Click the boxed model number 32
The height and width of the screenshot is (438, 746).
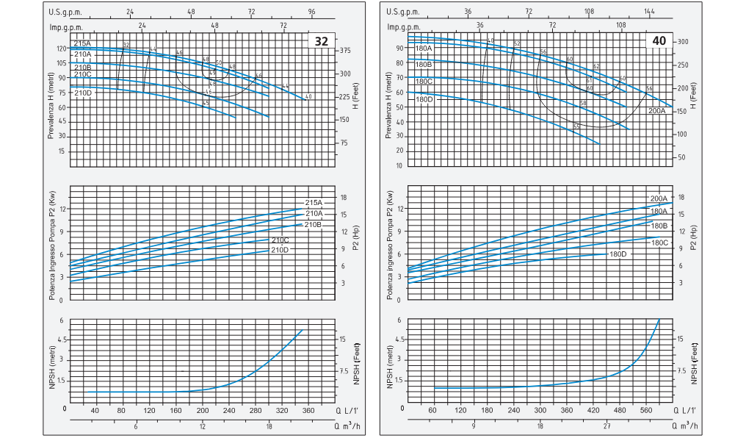pos(322,41)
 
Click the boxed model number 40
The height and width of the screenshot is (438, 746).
pos(659,41)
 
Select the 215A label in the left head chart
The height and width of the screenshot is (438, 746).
pos(82,44)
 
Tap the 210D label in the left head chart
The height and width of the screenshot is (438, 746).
pos(83,93)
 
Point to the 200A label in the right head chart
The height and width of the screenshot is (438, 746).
pos(656,111)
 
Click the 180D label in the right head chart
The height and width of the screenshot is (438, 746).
pos(424,99)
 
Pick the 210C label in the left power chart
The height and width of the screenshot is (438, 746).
pos(280,240)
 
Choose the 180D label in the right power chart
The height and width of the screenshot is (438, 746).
pos(618,254)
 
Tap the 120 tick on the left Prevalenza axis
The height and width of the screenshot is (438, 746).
pos(61,49)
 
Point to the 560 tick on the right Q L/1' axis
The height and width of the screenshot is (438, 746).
pos(647,410)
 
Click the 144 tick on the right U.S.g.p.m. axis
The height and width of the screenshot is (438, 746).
pos(649,12)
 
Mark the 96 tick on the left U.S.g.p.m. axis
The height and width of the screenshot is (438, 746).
pos(311,12)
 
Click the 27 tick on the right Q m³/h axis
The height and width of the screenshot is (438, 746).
pos(606,426)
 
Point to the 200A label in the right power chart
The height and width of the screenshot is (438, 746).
pos(659,199)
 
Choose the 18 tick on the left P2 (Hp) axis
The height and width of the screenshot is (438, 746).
pos(343,197)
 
